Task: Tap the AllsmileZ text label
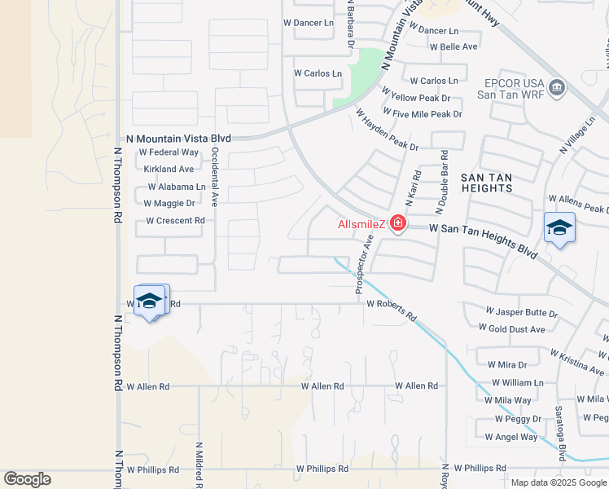tap(362, 224)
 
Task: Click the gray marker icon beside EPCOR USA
tap(557, 87)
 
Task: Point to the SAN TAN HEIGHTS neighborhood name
tap(487, 182)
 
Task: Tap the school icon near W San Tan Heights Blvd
tap(559, 228)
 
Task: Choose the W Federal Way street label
tap(169, 152)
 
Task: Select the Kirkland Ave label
tap(169, 170)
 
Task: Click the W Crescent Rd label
tap(175, 221)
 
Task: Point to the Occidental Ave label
tap(215, 175)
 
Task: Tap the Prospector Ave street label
tap(364, 263)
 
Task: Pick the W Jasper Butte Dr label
tap(521, 312)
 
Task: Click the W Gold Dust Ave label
tap(511, 328)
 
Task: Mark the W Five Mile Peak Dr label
tap(422, 114)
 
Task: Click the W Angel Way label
tap(511, 437)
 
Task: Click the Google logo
tap(27, 479)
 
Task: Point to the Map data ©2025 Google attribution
tap(558, 482)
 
